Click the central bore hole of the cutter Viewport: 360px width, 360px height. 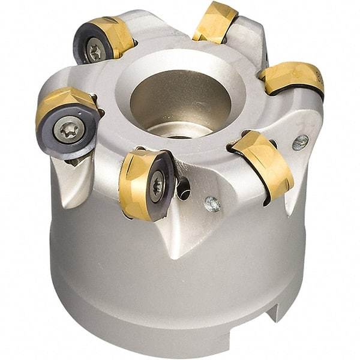(180, 99)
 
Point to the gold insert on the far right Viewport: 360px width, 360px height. (293, 78)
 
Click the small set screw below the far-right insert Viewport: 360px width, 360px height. (300, 142)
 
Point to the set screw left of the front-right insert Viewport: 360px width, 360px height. (211, 204)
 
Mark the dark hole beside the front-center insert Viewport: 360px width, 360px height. (184, 190)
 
